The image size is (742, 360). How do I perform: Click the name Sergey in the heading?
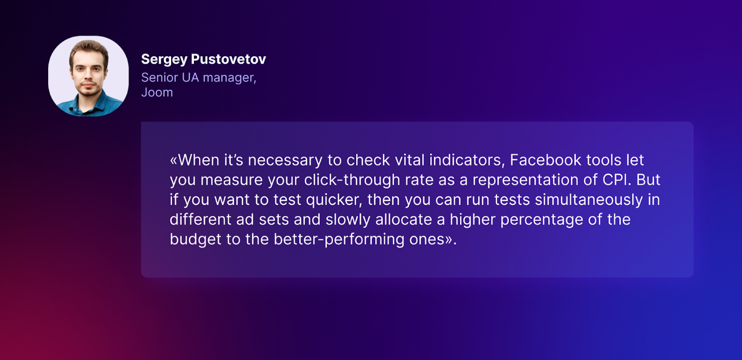click(164, 60)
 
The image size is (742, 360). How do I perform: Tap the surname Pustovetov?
click(228, 59)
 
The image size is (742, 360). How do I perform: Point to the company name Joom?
click(157, 92)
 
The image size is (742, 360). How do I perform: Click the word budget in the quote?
click(196, 240)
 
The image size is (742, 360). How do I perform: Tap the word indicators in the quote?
click(467, 160)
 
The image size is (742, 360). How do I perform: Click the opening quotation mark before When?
click(174, 161)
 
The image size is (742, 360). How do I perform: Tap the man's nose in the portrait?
click(88, 77)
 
